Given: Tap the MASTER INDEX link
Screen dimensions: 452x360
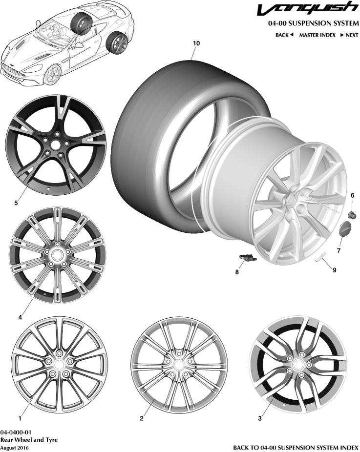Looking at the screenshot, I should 317,35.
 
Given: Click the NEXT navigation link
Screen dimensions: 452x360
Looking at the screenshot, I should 349,35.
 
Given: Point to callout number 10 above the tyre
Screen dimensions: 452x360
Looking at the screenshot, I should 196,43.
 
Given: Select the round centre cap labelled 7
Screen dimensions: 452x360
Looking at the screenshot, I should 345,230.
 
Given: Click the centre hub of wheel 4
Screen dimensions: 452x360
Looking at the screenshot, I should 58,254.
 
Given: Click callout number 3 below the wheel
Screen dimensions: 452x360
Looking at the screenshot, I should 260,418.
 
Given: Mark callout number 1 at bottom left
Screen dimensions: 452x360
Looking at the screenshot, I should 20,418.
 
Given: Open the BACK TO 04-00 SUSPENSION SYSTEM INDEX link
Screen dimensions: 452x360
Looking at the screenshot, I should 296,447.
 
